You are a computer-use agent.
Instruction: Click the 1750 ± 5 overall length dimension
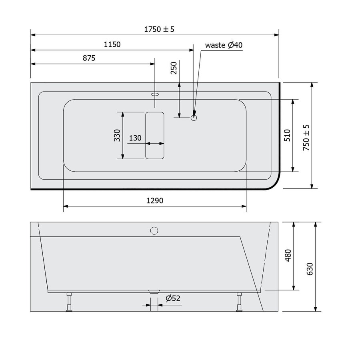160,29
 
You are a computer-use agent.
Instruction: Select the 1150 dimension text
112,44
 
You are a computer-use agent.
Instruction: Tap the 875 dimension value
89,58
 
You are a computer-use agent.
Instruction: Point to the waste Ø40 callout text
224,45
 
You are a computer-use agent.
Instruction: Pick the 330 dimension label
117,136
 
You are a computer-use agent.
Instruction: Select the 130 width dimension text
136,138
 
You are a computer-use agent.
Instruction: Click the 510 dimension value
287,136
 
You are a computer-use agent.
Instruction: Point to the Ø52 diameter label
173,298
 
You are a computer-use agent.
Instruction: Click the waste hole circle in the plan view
194,118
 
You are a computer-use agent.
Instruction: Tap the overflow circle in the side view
154,231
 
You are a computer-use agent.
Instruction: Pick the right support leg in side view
240,302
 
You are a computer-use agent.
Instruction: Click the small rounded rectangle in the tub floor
155,135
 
